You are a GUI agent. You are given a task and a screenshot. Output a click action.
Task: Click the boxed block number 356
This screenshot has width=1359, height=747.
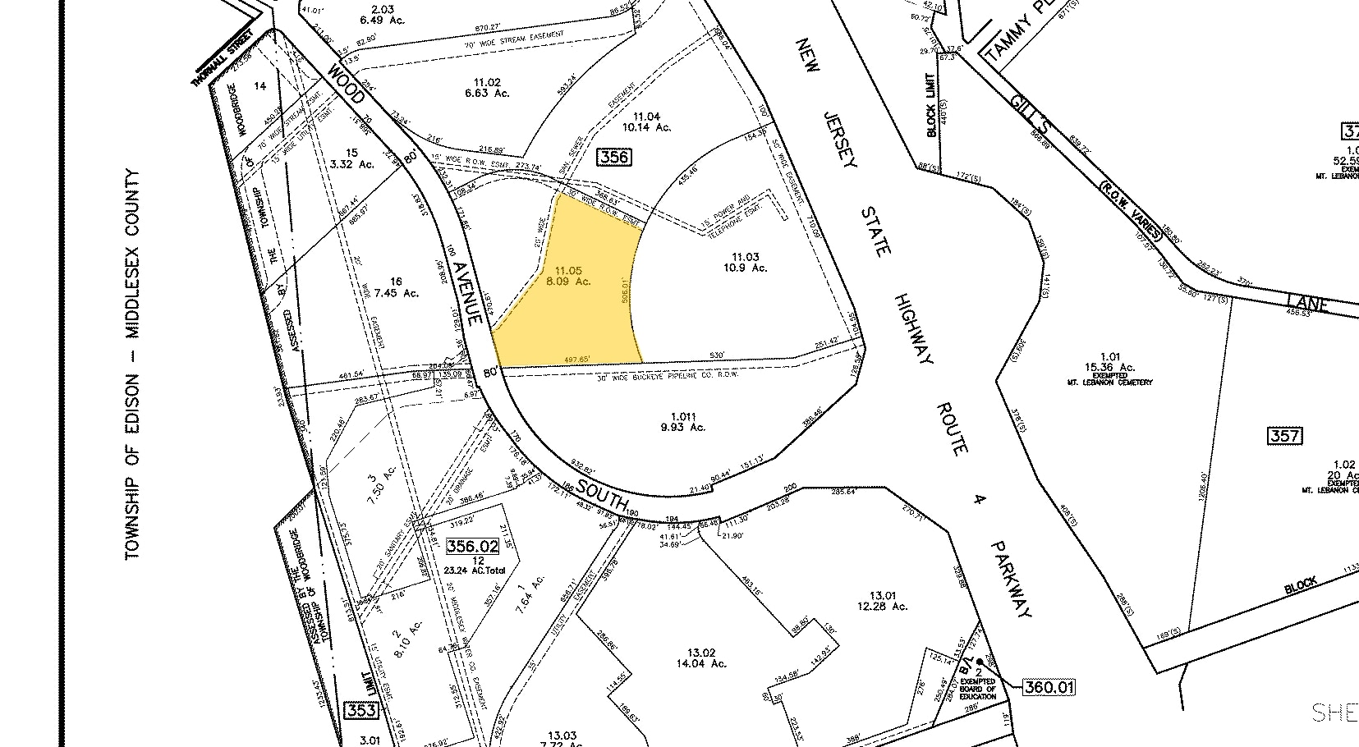pos(614,156)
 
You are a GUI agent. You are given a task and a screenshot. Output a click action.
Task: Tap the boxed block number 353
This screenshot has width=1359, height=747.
pos(360,710)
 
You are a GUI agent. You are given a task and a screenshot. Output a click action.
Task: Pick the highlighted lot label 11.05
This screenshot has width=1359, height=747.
pos(568,270)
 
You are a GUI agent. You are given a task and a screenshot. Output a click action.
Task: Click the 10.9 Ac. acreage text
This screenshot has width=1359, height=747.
pos(745,268)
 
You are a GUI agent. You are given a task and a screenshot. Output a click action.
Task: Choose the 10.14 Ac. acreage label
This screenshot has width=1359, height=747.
pos(647,127)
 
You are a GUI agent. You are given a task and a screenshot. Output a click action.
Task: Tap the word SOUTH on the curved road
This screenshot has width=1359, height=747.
pos(603,495)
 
